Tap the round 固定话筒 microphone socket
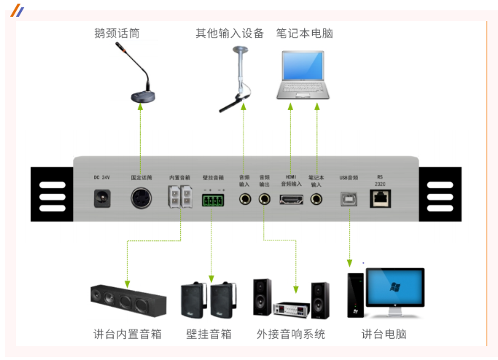pyautogui.click(x=141, y=197)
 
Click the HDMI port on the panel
pyautogui.click(x=291, y=198)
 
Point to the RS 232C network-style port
pyautogui.click(x=380, y=197)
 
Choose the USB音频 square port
pyautogui.click(x=349, y=198)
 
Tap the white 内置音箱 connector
pyautogui.click(x=179, y=197)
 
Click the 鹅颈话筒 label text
pyautogui.click(x=117, y=34)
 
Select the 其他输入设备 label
pyautogui.click(x=229, y=34)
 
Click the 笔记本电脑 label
pyautogui.click(x=304, y=34)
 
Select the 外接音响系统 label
pyautogui.click(x=289, y=334)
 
